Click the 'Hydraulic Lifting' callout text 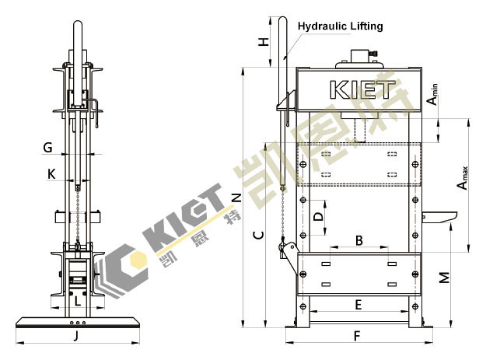pyautogui.click(x=340, y=26)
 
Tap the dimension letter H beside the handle pyautogui.click(x=264, y=41)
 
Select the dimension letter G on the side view pyautogui.click(x=47, y=147)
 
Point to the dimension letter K pyautogui.click(x=51, y=174)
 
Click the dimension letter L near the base pyautogui.click(x=78, y=302)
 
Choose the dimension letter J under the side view pyautogui.click(x=75, y=337)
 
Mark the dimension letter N pyautogui.click(x=236, y=197)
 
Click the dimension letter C pyautogui.click(x=259, y=235)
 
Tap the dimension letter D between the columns pyautogui.click(x=319, y=216)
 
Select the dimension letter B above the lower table pyautogui.click(x=359, y=240)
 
